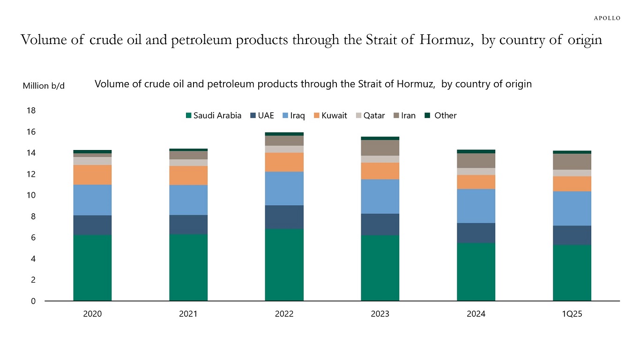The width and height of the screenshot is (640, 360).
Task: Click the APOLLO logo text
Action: pos(607,18)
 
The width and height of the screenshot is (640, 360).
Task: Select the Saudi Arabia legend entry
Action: pos(214,116)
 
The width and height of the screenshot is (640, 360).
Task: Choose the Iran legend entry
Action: pos(404,116)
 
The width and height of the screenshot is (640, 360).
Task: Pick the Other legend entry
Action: pos(441,116)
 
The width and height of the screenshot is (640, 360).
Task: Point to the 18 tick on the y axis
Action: pos(31,111)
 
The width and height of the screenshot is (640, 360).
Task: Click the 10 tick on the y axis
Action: pos(31,195)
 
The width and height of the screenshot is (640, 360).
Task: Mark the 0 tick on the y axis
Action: pos(33,301)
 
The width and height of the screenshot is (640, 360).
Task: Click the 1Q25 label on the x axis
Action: pos(572,314)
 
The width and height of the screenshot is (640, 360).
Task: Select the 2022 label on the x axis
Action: pos(284,314)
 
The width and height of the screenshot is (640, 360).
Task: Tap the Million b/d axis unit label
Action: pos(44,86)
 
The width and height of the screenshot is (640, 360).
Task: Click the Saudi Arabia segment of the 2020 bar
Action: pos(92,267)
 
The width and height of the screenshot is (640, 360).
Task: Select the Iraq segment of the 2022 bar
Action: pos(284,188)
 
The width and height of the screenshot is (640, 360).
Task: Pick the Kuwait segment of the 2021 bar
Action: pos(188,175)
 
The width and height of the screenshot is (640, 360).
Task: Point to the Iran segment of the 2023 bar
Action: pos(380,148)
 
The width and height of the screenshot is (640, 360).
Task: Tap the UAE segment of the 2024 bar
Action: pos(476,233)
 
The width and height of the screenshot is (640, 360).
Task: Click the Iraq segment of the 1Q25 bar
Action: pos(572,208)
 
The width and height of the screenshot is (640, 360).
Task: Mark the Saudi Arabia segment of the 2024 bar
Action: pos(476,272)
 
